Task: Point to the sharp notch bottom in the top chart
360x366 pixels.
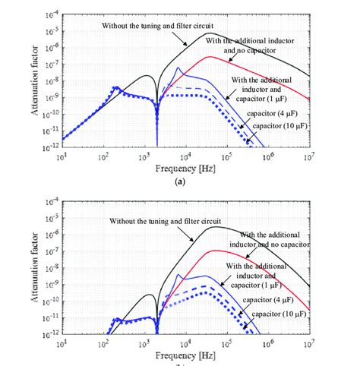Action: click(x=156, y=144)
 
